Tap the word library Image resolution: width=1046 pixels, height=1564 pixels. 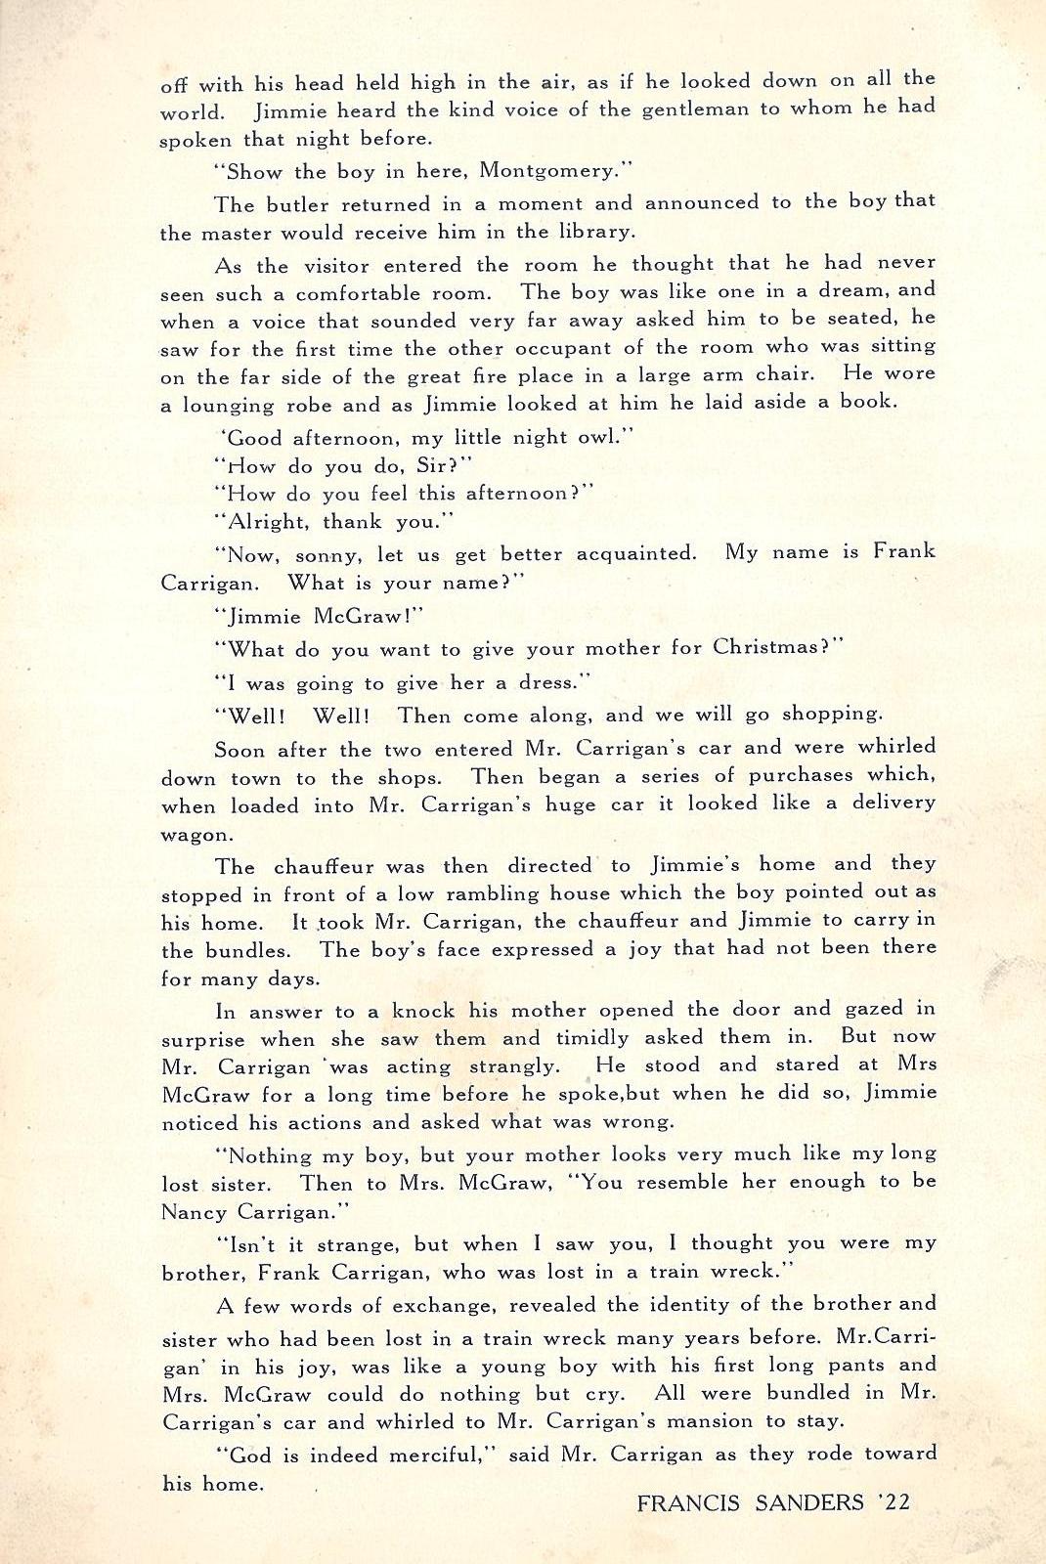click(591, 233)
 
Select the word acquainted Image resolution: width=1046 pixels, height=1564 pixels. click(636, 553)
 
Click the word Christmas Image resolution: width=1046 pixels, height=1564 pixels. click(771, 648)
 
